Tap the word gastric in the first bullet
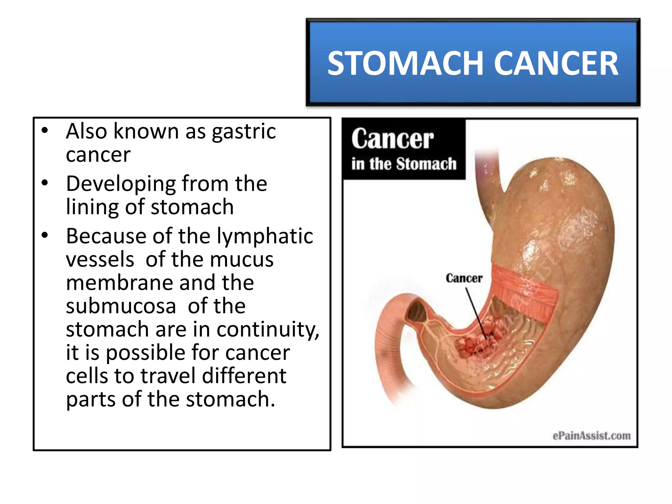(x=243, y=132)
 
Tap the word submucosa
(x=121, y=306)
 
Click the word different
(x=244, y=376)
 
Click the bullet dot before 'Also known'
(x=45, y=131)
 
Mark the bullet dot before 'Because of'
(x=45, y=235)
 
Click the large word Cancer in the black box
(x=392, y=139)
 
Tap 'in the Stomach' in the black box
(x=404, y=164)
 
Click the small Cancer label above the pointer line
(x=464, y=279)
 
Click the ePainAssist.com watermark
(x=591, y=436)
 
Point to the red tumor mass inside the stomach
(x=476, y=345)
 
